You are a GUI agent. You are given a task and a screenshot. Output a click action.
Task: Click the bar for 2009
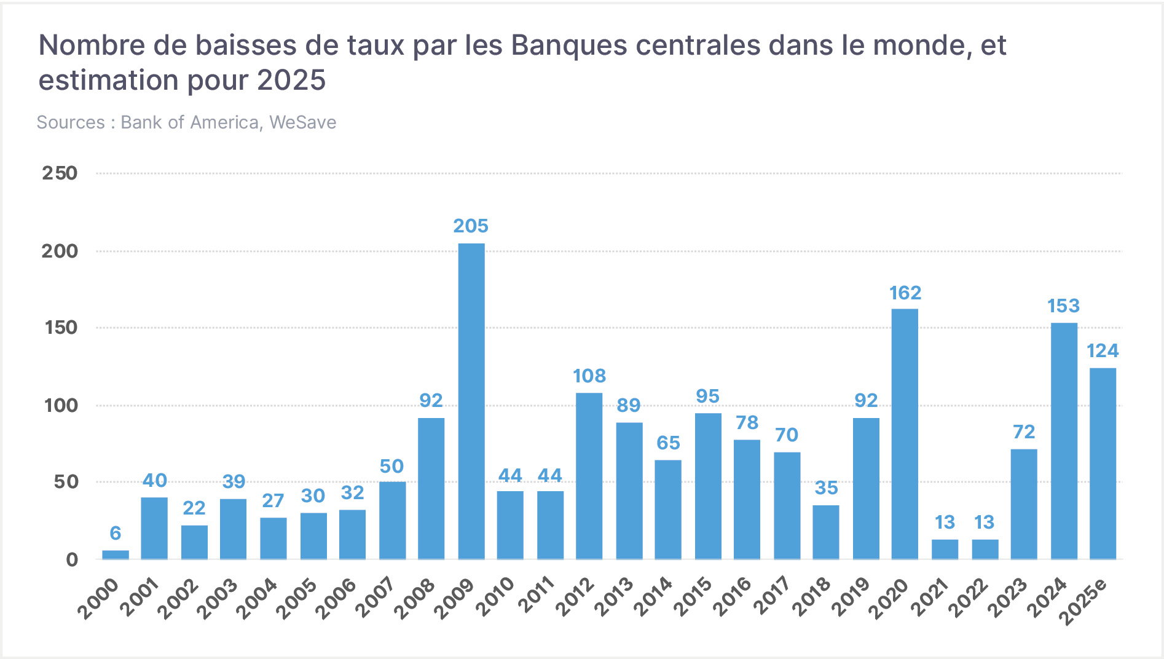coord(471,401)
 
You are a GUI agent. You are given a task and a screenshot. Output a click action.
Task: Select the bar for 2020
coord(905,434)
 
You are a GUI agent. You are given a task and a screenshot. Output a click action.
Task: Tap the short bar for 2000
coord(116,554)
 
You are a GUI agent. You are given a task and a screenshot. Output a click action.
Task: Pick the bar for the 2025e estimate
coord(1103,464)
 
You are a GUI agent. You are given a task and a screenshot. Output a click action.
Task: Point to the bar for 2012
coord(589,476)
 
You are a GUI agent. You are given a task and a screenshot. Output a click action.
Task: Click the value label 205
coord(471,226)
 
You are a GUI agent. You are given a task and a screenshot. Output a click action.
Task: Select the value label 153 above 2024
coord(1063,306)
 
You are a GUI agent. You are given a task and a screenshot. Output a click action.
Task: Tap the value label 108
coord(589,376)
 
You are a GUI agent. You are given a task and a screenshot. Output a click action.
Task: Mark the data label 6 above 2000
coord(116,533)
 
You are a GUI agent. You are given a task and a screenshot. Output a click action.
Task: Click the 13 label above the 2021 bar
coord(945,523)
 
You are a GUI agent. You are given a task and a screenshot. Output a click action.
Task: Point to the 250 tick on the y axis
coord(60,173)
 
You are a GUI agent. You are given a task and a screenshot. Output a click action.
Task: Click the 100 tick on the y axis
coord(61,406)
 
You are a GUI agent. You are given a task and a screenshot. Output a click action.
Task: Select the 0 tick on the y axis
coord(72,559)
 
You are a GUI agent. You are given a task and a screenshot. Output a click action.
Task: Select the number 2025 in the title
coord(291,81)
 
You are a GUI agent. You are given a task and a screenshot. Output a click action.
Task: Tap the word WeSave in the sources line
coord(303,122)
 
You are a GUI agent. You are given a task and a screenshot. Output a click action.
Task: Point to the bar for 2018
coord(826,532)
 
